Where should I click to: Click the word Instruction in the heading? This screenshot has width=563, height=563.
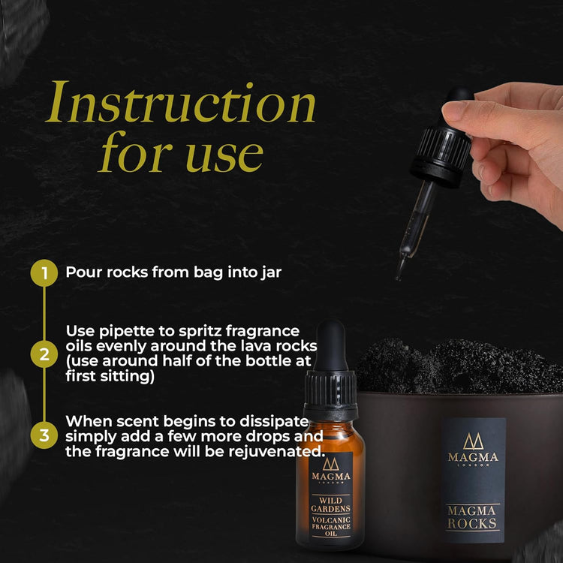(x=180, y=105)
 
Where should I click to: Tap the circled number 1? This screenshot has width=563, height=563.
(x=44, y=272)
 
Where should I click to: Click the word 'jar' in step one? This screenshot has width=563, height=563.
(x=269, y=272)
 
